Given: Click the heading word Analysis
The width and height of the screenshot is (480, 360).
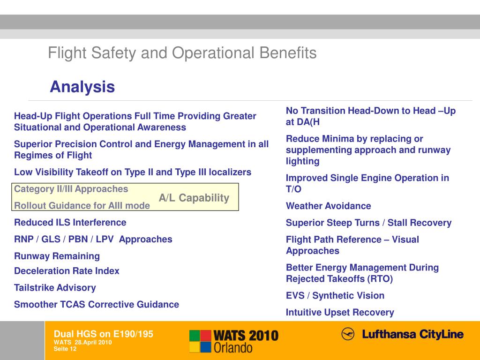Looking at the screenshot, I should click(x=82, y=87).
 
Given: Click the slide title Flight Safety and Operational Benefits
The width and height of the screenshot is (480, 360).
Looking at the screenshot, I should click(x=182, y=53).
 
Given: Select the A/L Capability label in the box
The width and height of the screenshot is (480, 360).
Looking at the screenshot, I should click(x=194, y=198).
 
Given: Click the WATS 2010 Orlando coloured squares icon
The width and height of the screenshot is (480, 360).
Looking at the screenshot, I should click(x=200, y=341).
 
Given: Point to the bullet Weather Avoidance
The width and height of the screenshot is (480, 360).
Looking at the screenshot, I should click(x=328, y=206).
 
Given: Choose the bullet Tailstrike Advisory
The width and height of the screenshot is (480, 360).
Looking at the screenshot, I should click(x=55, y=287).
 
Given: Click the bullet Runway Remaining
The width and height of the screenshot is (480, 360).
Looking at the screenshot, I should click(x=57, y=256).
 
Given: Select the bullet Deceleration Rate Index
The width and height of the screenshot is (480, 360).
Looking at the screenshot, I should click(x=67, y=271).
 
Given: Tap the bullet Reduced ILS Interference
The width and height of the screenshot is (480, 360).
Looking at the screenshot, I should click(x=70, y=222).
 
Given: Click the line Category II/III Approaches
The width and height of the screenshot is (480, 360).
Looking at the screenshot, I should click(x=71, y=189).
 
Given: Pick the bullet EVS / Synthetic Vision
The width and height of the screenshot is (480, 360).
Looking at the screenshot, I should click(x=335, y=295).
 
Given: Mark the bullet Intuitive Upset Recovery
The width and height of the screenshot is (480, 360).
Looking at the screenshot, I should click(x=340, y=312).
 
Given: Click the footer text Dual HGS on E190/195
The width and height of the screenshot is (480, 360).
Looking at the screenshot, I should click(x=104, y=334).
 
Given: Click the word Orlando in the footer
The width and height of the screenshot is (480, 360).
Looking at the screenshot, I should click(x=233, y=347).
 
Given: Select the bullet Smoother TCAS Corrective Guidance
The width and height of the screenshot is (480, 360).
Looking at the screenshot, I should click(x=97, y=304).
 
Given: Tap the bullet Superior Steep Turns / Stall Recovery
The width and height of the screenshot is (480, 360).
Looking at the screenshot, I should click(x=368, y=223).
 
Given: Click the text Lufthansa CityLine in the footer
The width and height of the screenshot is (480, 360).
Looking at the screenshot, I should click(x=412, y=335).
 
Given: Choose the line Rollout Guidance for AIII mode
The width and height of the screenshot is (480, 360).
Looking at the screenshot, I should click(x=82, y=205).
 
